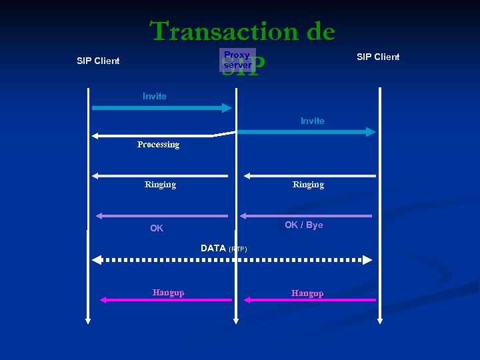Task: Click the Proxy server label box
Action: pyautogui.click(x=237, y=60)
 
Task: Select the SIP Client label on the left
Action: pyautogui.click(x=98, y=61)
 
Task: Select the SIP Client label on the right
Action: pyautogui.click(x=378, y=57)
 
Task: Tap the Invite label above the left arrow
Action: pyautogui.click(x=155, y=96)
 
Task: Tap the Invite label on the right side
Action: pyautogui.click(x=312, y=121)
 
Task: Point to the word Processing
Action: pyautogui.click(x=158, y=144)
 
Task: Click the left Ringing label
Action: pyautogui.click(x=160, y=184)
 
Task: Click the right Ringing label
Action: pyautogui.click(x=308, y=184)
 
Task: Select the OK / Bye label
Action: pyautogui.click(x=303, y=225)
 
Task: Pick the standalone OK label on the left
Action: pyautogui.click(x=157, y=228)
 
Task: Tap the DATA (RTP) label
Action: pyautogui.click(x=223, y=248)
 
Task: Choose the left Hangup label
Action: pyautogui.click(x=168, y=292)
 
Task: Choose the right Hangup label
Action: pyautogui.click(x=307, y=293)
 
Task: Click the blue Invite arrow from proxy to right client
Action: pyautogui.click(x=307, y=132)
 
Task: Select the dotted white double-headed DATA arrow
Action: pyautogui.click(x=233, y=259)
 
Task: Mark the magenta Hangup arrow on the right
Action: pyautogui.click(x=309, y=300)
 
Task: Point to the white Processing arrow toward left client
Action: pyautogui.click(x=153, y=136)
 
